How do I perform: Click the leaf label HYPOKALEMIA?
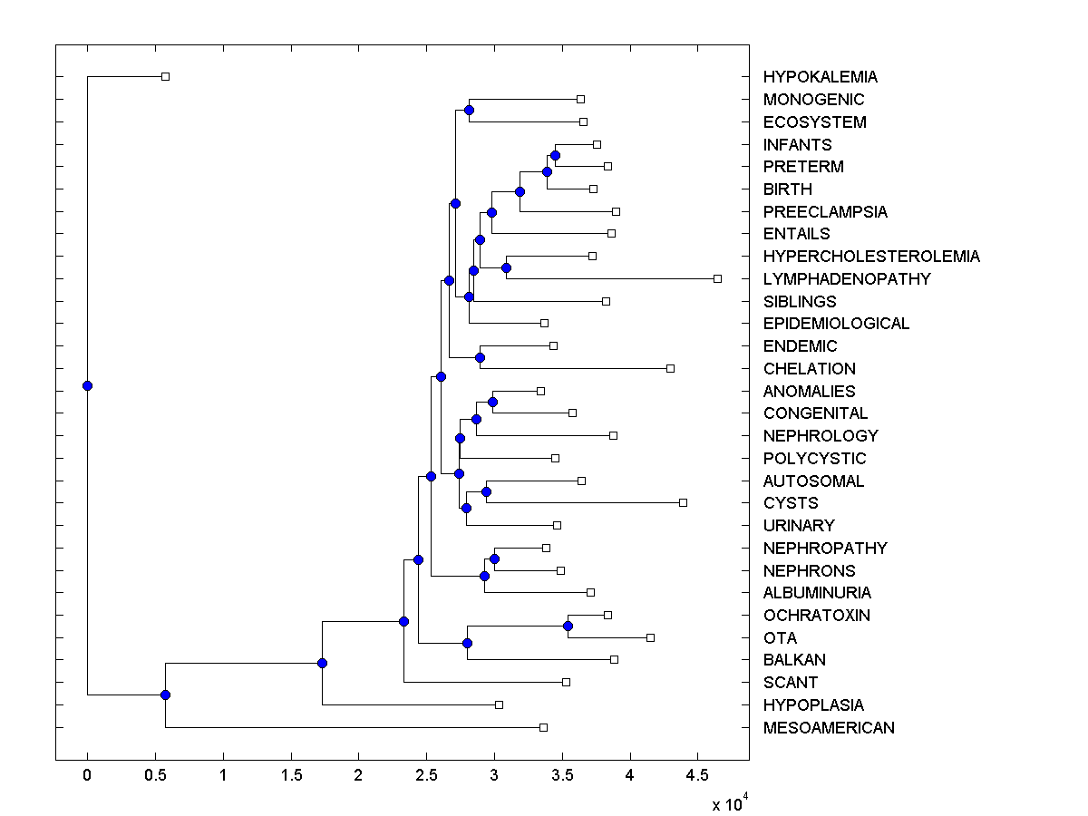tap(820, 77)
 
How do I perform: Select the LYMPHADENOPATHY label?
tap(846, 279)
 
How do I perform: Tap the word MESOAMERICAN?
tap(828, 728)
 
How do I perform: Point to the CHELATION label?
tap(809, 369)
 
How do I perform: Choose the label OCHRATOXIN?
tap(816, 616)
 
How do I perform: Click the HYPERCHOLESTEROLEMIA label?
tap(870, 257)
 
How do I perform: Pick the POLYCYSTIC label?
tap(814, 459)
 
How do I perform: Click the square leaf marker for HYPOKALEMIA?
tap(165, 77)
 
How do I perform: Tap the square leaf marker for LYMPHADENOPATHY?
tap(717, 278)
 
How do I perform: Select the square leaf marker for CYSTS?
tap(683, 502)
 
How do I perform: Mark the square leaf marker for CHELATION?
tap(670, 368)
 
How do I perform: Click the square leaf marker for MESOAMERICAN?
tap(543, 727)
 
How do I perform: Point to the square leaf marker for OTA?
tap(650, 637)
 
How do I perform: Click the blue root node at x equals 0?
tap(87, 385)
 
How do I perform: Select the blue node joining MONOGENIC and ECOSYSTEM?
tap(469, 111)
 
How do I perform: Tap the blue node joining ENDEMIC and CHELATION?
tap(480, 357)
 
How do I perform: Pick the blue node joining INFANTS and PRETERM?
tap(555, 156)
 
